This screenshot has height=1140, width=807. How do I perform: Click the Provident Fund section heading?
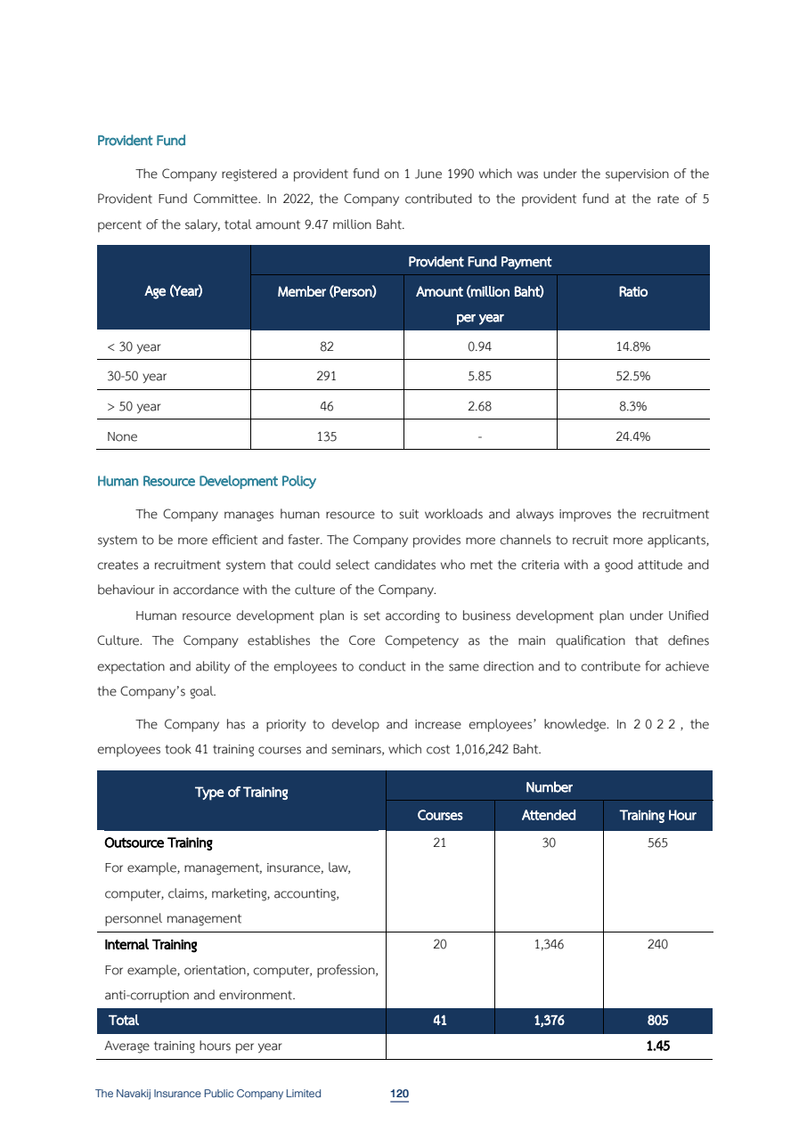tap(141, 141)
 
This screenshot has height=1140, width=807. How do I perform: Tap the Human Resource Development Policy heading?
tap(206, 482)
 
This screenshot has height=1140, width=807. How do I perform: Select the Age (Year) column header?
tap(174, 291)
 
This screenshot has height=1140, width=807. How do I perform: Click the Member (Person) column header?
tap(327, 292)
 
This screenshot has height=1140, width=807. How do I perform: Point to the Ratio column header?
tap(633, 292)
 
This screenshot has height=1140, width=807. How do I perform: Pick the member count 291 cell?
tap(327, 376)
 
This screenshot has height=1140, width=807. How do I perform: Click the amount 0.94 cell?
tap(479, 346)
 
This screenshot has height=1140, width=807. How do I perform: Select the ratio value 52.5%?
tap(633, 376)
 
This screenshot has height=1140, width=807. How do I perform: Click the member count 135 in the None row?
tap(327, 436)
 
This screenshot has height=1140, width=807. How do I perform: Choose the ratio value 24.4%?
tap(633, 436)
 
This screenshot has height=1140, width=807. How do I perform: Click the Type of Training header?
tap(241, 793)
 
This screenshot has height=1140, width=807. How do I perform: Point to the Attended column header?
tap(549, 816)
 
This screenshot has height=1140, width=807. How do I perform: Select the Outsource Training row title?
tap(159, 843)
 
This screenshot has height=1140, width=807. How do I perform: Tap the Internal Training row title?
tap(151, 944)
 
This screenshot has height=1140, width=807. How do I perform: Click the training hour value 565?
tap(657, 843)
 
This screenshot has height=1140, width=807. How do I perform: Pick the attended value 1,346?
tap(549, 944)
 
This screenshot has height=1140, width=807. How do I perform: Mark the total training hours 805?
tap(657, 1021)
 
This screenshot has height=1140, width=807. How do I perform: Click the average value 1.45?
tap(657, 1046)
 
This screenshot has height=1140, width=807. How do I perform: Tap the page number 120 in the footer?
tap(399, 1094)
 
